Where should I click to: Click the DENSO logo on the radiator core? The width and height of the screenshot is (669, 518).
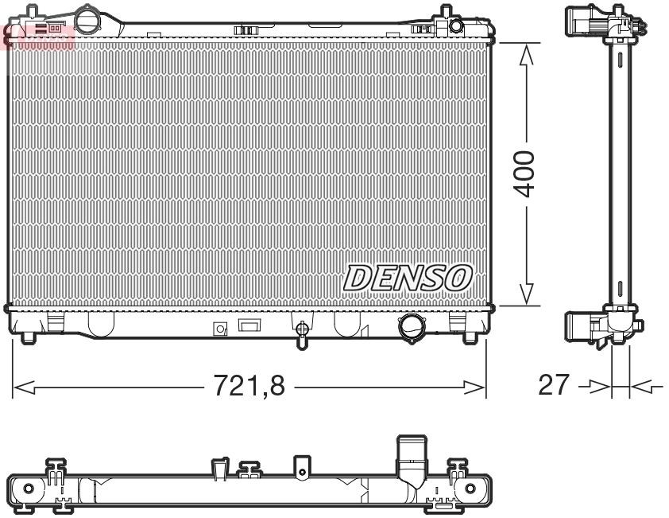(x=408, y=278)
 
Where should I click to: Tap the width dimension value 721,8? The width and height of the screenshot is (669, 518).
(x=249, y=387)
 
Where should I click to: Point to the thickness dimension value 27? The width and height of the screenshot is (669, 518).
(x=555, y=386)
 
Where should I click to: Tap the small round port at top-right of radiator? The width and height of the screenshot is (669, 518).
(x=455, y=26)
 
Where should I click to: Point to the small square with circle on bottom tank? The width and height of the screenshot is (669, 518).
(x=220, y=328)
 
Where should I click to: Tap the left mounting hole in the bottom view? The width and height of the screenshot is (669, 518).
(x=29, y=488)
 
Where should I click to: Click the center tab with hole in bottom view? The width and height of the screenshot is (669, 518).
(x=300, y=469)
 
